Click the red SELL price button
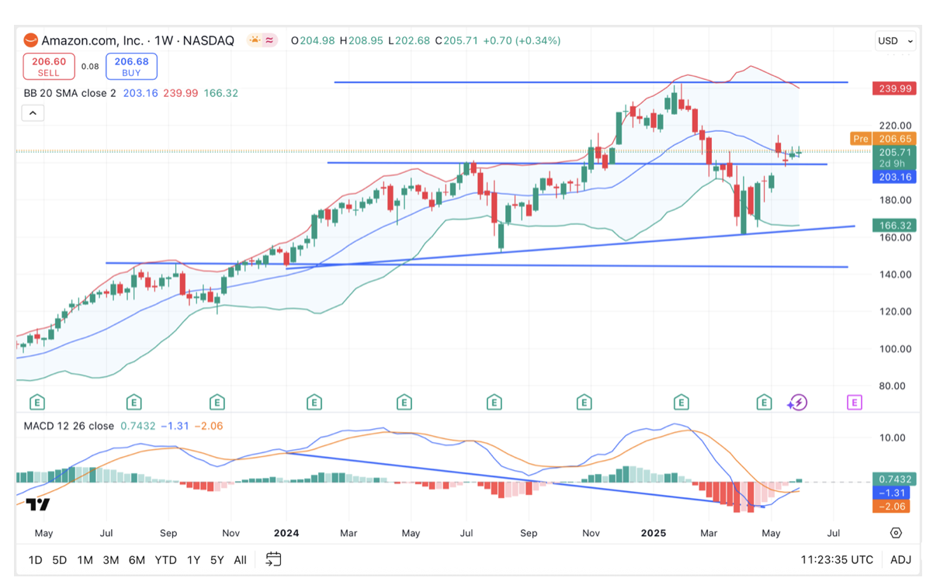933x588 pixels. pos(49,66)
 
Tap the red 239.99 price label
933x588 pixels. pos(893,88)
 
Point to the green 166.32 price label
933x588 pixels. pos(893,226)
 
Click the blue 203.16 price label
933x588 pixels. pos(893,177)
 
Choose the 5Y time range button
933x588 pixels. pos(217,559)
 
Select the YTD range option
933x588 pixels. pos(165,559)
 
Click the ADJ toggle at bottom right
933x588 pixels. pos(900,559)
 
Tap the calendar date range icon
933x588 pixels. pos(273,559)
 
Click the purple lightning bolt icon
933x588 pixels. pos(797,402)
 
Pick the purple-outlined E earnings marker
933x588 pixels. pos(854,402)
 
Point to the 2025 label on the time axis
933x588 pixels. pos(653,533)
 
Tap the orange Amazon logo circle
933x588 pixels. pos(30,40)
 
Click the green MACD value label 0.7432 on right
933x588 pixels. pos(893,479)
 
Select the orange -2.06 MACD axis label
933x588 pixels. pos(893,506)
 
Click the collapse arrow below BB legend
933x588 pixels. pos(33,113)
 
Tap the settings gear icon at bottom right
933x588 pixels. pos(896,533)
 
